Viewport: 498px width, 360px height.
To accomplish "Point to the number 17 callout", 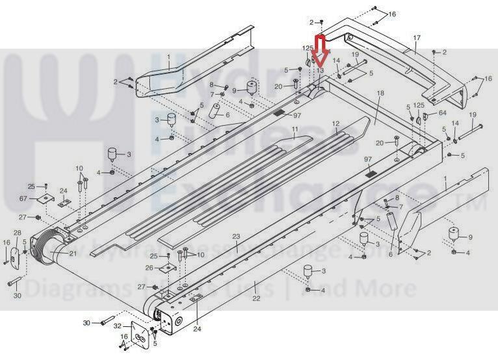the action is tap(417, 38).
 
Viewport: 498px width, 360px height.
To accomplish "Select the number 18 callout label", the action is tap(380, 94).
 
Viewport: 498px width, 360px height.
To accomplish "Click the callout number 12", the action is tap(335, 123).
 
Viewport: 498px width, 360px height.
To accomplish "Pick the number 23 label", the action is tap(237, 237).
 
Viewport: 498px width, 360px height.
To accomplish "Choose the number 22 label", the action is tap(256, 300).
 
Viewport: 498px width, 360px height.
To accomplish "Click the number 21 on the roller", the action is tap(73, 253).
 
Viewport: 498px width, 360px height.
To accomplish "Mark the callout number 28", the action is tap(18, 233).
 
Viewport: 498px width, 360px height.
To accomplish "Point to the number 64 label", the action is tap(443, 112).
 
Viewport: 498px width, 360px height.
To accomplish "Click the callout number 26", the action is tap(149, 268).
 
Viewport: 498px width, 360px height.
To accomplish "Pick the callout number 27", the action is tap(21, 216).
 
